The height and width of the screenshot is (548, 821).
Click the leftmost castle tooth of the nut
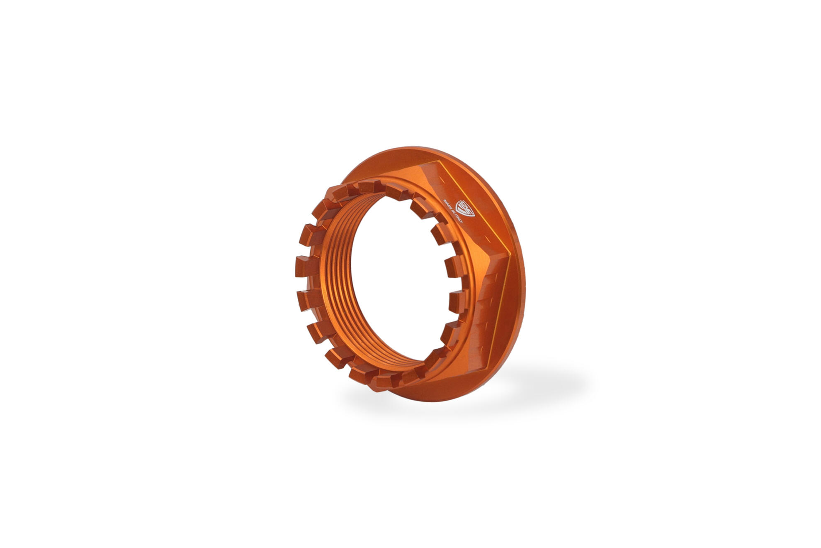click(x=305, y=266)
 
